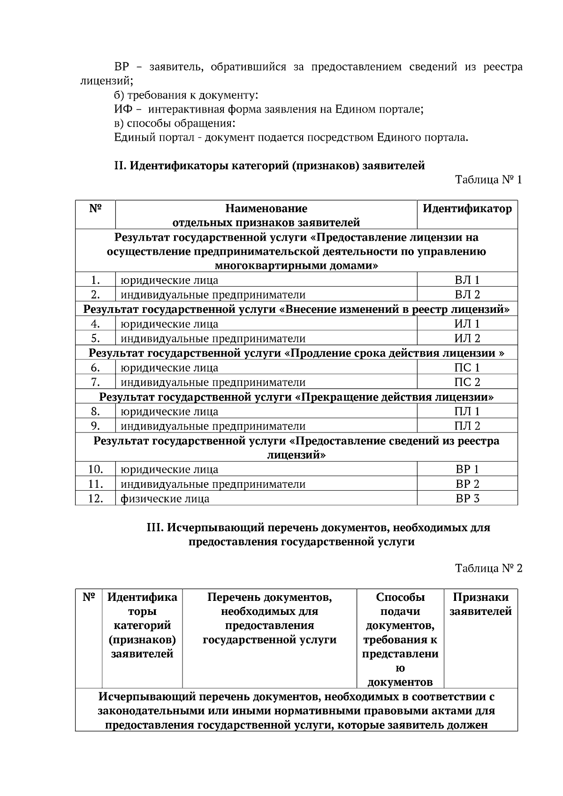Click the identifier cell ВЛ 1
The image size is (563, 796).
467,280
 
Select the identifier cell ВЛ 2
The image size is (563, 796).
467,295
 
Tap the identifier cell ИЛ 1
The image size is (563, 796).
467,324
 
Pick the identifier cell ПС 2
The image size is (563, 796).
467,382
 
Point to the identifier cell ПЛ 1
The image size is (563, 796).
467,412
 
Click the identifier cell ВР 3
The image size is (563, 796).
467,499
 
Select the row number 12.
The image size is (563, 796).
95,499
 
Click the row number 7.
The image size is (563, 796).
95,382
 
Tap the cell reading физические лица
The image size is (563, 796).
165,499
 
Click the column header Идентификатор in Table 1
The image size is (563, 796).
467,209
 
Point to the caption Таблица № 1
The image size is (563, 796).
488,180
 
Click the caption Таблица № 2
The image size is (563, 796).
488,569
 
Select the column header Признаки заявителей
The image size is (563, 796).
480,604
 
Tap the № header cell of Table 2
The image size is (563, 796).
89,598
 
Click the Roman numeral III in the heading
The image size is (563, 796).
155,528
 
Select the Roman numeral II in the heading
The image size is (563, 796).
119,166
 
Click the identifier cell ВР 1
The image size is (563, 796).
467,470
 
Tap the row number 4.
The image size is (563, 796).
95,324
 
